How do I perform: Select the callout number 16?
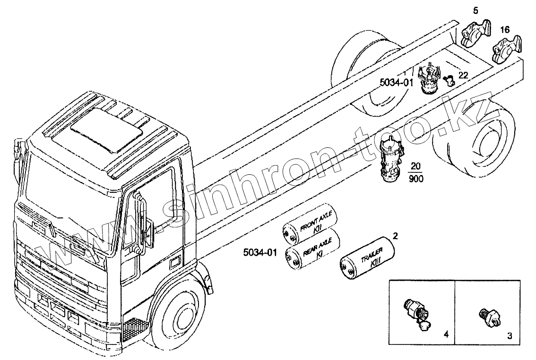pyautogui.click(x=505, y=29)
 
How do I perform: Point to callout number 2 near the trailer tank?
pyautogui.click(x=395, y=235)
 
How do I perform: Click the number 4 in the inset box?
pyautogui.click(x=446, y=334)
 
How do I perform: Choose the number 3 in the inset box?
pyautogui.click(x=509, y=336)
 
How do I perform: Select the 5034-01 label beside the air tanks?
pyautogui.click(x=260, y=252)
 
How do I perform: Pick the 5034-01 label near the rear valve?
pyautogui.click(x=397, y=82)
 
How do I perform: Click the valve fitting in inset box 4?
pyautogui.click(x=416, y=312)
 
